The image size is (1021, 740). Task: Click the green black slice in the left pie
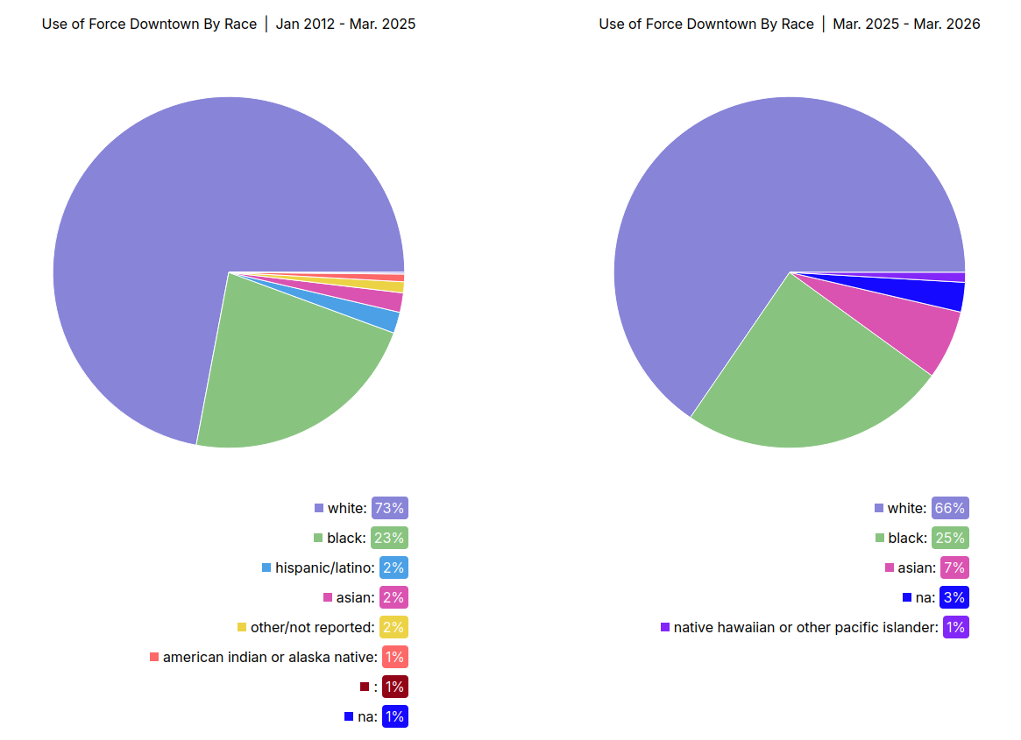coord(280,377)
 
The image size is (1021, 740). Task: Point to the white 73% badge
coord(389,508)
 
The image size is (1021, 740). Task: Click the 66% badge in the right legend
coord(950,508)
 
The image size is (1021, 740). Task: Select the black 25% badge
coord(950,538)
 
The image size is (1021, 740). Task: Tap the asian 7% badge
coord(954,567)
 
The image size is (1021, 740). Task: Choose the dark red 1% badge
coord(394,687)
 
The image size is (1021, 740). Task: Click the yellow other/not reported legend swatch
coord(242,627)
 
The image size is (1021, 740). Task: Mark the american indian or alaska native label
coord(270,657)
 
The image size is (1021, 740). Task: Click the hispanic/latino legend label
coord(324,567)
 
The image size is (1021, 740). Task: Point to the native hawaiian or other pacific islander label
coord(805,627)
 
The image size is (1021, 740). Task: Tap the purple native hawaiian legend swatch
coord(665,627)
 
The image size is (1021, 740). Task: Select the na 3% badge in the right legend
coord(954,597)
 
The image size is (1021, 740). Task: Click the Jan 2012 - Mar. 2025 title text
coord(345,25)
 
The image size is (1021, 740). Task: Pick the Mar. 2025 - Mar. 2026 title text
coord(906,25)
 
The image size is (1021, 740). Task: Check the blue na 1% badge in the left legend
coord(394,716)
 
